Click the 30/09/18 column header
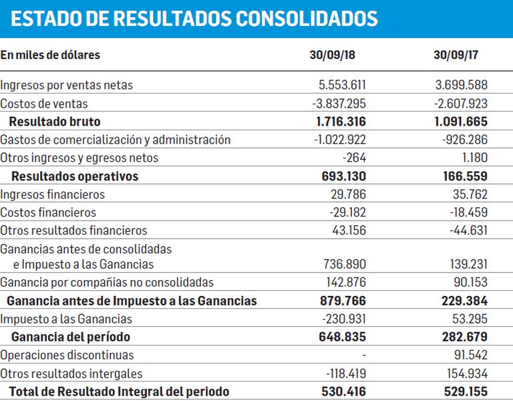[x=332, y=55]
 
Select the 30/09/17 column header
[x=456, y=55]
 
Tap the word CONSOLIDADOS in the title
[x=307, y=18]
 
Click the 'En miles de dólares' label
[x=50, y=55]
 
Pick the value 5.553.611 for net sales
[x=342, y=85]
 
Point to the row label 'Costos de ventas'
[x=44, y=104]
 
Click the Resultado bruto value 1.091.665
[x=461, y=122]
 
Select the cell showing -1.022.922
[x=339, y=140]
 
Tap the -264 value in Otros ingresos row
[x=354, y=158]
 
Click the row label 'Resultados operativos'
[x=75, y=176]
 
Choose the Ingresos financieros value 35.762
[x=470, y=194]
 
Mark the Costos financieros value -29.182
[x=347, y=212]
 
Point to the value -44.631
[x=468, y=230]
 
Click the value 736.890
[x=345, y=264]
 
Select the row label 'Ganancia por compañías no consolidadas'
[x=107, y=282]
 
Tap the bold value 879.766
[x=343, y=301]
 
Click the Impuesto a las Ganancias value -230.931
[x=344, y=319]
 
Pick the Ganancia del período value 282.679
[x=465, y=337]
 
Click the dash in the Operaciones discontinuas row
[x=364, y=355]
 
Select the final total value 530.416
[x=343, y=391]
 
